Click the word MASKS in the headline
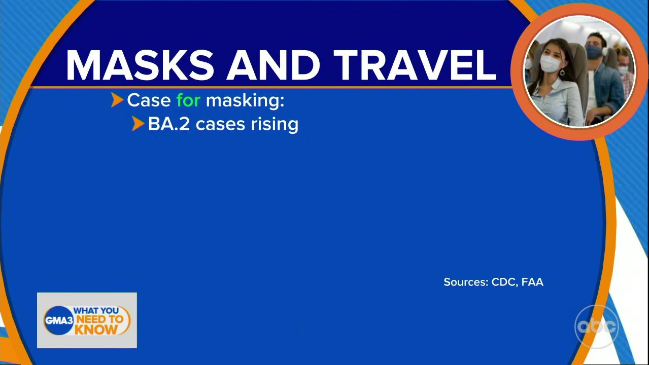click(140, 65)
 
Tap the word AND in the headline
click(273, 65)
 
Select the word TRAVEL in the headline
click(415, 65)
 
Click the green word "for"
click(188, 100)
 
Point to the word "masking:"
click(245, 101)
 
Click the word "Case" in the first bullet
click(149, 100)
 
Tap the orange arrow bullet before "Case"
click(117, 100)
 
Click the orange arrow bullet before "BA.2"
click(138, 124)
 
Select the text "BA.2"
click(169, 124)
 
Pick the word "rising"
click(275, 125)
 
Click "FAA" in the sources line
click(532, 282)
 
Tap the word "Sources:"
click(466, 282)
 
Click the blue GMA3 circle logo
click(59, 320)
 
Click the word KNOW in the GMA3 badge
click(96, 330)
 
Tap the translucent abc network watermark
click(597, 326)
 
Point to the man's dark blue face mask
click(593, 52)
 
